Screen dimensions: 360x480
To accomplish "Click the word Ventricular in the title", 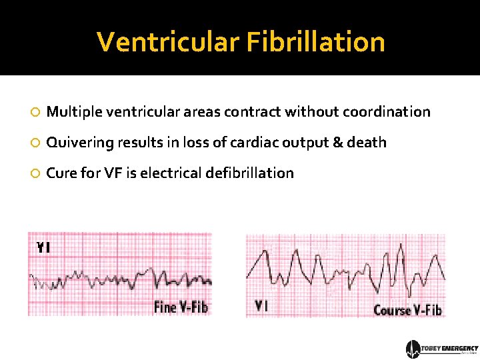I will pos(167,41).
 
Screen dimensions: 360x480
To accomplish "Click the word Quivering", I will pos(79,142).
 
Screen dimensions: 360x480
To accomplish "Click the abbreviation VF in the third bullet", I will pos(111,173).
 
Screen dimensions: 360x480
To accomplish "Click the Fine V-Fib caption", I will pos(181,307).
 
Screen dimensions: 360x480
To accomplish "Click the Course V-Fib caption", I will pos(407,309).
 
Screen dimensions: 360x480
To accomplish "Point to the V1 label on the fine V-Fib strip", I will pos(43,248).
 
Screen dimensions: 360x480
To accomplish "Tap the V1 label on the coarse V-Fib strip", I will pos(262,307).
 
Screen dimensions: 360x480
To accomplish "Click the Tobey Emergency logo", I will pos(442,349).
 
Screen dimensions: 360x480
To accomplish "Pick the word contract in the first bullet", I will pos(253,111).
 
